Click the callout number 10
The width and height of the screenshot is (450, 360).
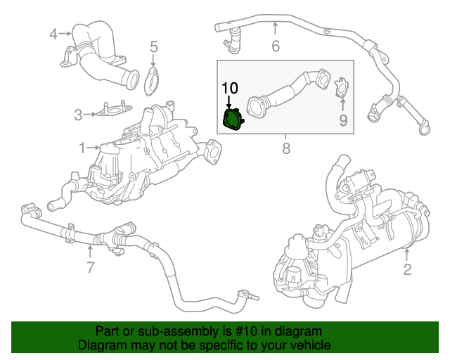click(230, 88)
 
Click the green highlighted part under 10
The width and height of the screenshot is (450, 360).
click(233, 120)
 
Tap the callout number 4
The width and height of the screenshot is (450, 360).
click(53, 34)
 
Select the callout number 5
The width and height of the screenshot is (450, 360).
click(154, 46)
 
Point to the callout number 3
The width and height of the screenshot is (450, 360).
click(78, 115)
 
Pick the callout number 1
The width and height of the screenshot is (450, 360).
click(82, 148)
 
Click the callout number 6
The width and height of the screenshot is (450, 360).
click(276, 46)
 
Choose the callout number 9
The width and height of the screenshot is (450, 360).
click(343, 120)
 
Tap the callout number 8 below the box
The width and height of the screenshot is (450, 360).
click(286, 148)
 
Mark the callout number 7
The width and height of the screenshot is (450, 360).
click(91, 267)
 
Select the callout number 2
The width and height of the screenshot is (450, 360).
click(408, 269)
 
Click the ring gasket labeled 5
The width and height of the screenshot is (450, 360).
click(152, 82)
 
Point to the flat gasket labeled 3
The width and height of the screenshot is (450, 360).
click(114, 109)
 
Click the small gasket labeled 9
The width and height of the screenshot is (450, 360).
click(342, 87)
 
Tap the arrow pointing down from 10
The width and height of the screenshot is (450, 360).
click(229, 102)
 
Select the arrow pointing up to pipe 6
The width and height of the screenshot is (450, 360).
click(275, 28)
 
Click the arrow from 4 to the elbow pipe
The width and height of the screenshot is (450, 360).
click(65, 34)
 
